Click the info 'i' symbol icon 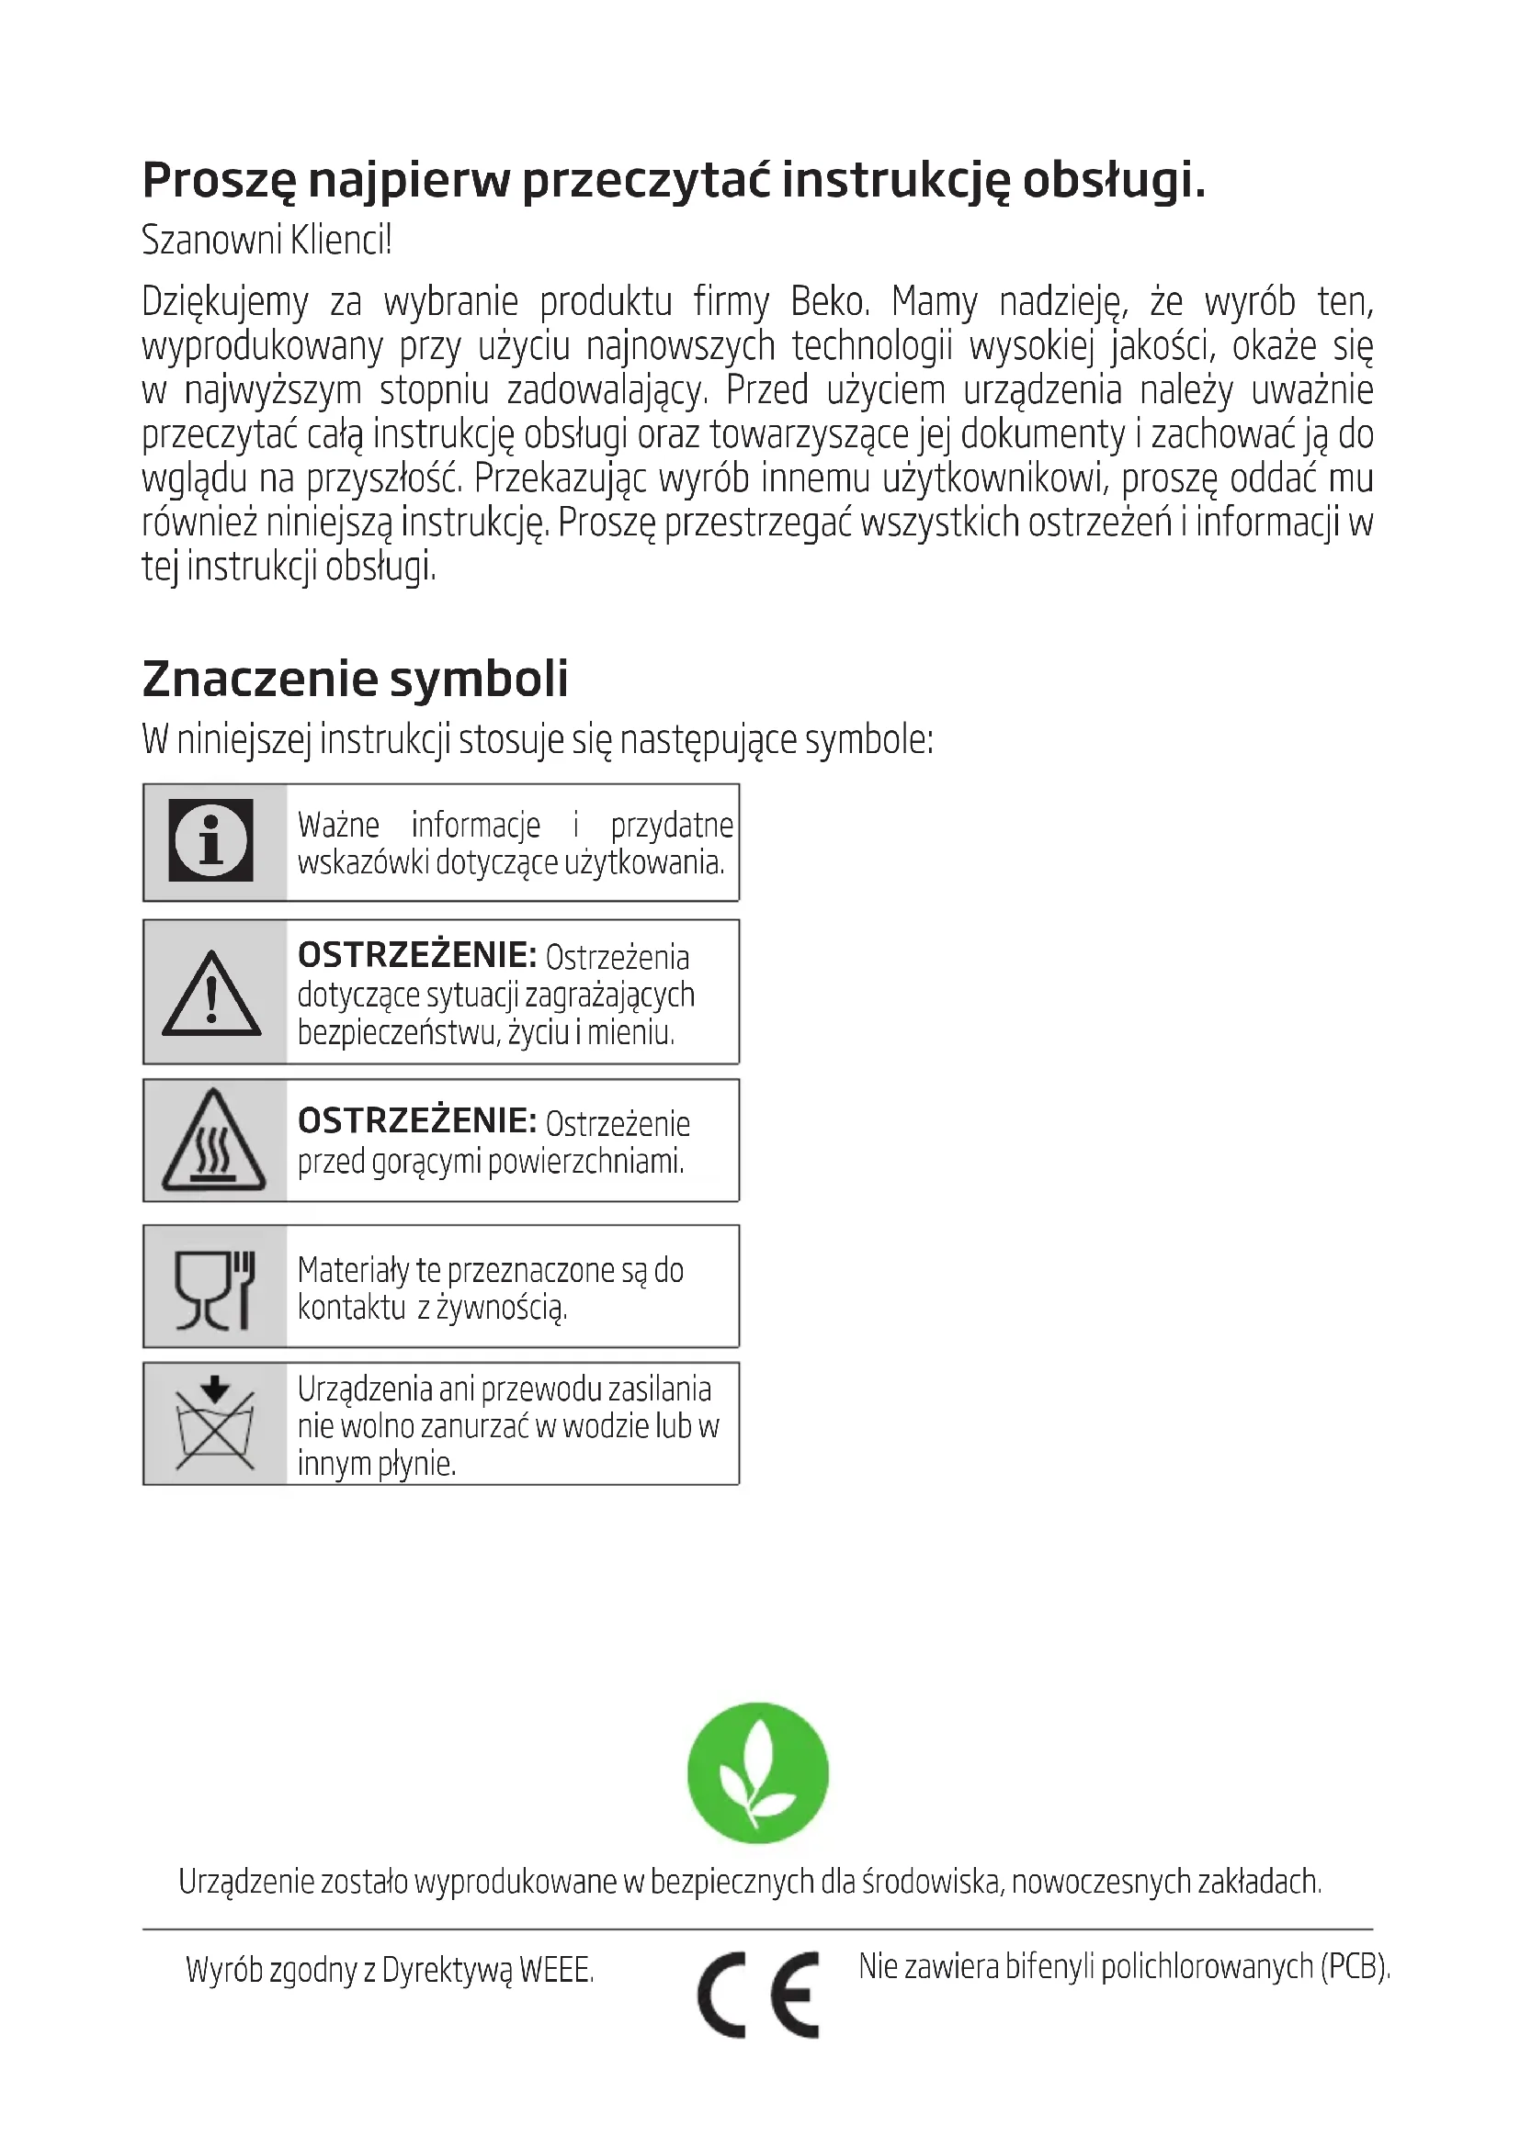[210, 840]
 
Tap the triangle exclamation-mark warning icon [211, 995]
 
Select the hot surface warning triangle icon [213, 1141]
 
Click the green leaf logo [757, 1771]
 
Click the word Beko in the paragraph [829, 302]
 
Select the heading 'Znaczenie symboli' [355, 680]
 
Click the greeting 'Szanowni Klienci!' [267, 241]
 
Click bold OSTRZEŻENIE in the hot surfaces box [416, 1120]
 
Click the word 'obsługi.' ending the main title [1113, 181]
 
